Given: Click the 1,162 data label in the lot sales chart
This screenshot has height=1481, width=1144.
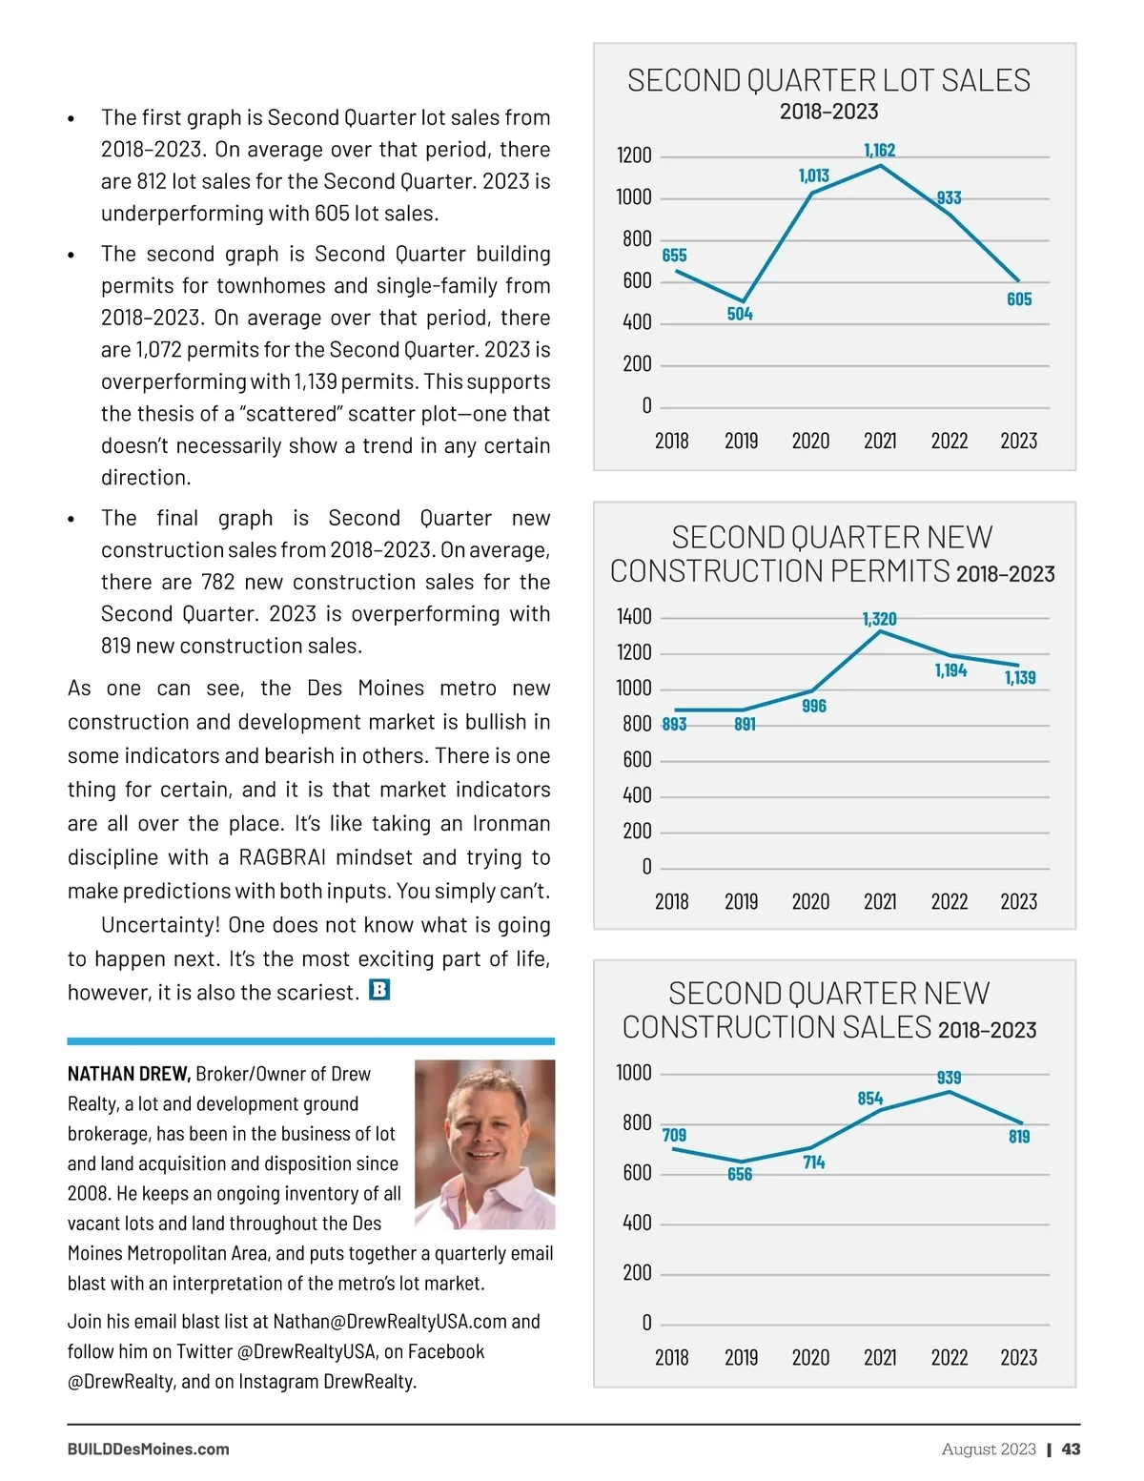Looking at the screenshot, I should point(879,150).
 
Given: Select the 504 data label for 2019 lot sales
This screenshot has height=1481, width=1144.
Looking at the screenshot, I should point(740,314).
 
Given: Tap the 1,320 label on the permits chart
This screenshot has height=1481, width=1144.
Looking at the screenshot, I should point(879,619).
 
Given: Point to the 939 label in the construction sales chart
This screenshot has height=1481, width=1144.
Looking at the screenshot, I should point(949,1078).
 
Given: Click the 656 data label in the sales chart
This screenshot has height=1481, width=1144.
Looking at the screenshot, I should point(740,1174).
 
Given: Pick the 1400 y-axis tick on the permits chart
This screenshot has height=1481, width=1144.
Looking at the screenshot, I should point(634,617).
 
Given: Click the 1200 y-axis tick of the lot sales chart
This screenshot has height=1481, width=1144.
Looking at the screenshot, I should point(634,155).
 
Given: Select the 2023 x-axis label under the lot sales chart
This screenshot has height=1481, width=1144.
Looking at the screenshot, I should point(1018,441).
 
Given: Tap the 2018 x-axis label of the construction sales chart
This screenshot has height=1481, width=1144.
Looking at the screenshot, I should point(671,1357).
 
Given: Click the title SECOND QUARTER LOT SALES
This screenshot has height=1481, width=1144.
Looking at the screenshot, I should point(828,80).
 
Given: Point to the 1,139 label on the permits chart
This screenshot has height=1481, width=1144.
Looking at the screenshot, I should point(1019,678).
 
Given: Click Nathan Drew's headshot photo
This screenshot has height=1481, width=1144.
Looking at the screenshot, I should point(484,1143).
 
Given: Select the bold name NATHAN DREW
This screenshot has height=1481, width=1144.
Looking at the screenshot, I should point(129,1074).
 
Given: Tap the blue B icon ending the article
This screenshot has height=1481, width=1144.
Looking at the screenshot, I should point(378,990).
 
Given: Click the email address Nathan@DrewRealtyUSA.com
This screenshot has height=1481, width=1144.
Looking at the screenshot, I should point(390,1322).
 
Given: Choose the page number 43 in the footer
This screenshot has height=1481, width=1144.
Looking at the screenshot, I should point(1071,1449).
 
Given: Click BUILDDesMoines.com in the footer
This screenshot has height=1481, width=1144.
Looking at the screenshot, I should point(148,1449).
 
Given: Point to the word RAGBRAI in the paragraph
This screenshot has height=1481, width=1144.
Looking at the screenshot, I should point(287,857).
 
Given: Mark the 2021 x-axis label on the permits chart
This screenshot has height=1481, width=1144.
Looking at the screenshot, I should point(879,901).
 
